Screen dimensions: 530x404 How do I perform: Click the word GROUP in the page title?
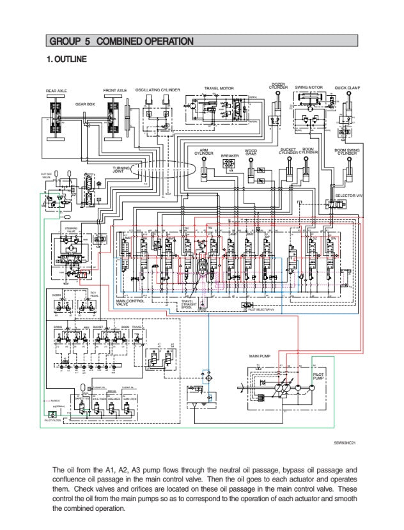click(x=62, y=42)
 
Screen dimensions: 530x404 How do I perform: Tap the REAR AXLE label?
click(x=56, y=91)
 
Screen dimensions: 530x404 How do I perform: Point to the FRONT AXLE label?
click(x=115, y=91)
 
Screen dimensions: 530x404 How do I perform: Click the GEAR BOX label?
click(x=85, y=103)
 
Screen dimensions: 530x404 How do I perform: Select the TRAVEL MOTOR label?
click(x=219, y=88)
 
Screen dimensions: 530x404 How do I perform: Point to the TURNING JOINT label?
click(x=121, y=169)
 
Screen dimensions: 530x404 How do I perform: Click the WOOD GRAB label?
click(x=251, y=153)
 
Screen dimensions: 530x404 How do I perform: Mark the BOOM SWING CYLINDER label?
click(x=347, y=152)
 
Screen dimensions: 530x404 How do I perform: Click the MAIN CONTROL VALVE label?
click(x=130, y=302)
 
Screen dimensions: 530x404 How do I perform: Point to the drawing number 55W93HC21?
click(x=346, y=442)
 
